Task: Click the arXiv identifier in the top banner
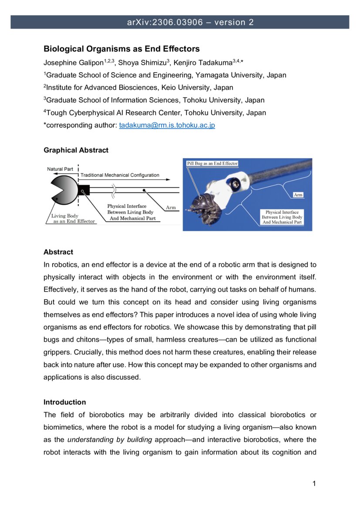point(165,22)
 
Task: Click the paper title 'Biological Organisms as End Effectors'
point(122,49)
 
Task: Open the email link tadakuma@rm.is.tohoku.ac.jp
point(167,125)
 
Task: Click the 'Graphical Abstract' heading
point(76,150)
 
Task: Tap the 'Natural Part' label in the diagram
point(60,169)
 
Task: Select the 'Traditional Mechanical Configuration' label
point(120,175)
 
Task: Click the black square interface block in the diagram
point(84,190)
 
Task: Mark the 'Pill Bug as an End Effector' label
point(212,163)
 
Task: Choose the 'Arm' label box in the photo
point(298,195)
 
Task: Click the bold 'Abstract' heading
point(58,252)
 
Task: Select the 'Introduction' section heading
point(65,402)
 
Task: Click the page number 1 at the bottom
point(314,484)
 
